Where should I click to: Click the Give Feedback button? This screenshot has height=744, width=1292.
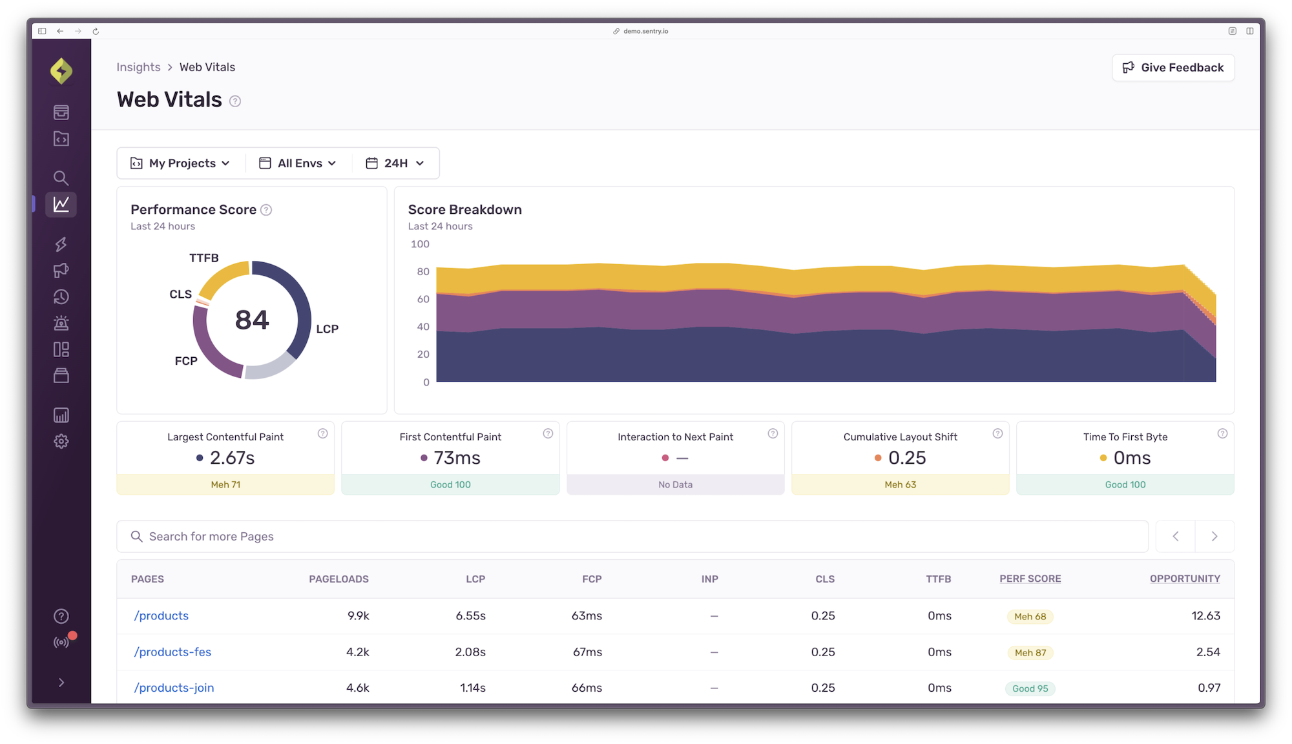coord(1173,68)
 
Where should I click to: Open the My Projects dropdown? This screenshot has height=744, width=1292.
coord(181,163)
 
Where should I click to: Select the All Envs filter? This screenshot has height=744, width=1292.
coord(298,163)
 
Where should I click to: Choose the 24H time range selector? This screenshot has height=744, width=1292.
coord(395,163)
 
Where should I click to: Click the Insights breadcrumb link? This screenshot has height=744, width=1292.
coord(138,67)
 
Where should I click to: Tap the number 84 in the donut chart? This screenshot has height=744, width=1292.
coord(252,320)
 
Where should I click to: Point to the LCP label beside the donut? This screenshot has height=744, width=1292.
coord(327,329)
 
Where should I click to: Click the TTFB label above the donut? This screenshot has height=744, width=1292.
coord(203,258)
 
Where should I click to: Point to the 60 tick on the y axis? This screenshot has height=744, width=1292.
coord(423,299)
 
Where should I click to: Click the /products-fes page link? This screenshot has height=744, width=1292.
coord(172,652)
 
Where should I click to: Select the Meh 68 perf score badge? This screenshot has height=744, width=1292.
coord(1030,616)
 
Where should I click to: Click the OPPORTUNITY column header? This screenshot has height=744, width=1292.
coord(1185,579)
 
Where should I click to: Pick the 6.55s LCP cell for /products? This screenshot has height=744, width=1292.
coord(470,615)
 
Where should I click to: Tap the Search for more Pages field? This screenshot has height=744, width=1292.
coord(632,536)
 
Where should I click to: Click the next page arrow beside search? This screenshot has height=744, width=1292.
coord(1214,536)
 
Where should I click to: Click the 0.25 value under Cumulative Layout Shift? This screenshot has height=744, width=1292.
coord(906,458)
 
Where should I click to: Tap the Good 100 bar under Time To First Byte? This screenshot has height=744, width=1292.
coord(1125,484)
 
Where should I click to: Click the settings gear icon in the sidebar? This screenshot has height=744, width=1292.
coord(61,442)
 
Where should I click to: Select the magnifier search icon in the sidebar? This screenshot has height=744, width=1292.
coord(61,178)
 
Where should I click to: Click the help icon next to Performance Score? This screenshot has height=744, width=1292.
coord(266,210)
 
